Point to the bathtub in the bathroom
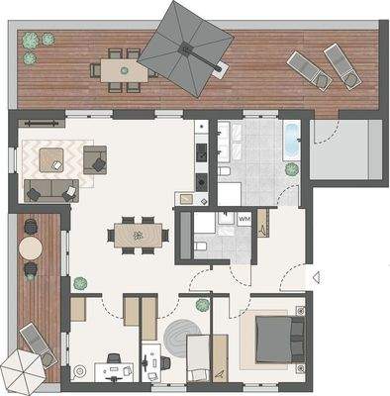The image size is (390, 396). coord(291,140)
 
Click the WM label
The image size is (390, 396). coord(244,218)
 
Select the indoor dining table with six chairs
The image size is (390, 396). coord(138,235)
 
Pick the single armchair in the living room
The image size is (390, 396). coord(96,158)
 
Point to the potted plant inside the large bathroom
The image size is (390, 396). coord(292,169)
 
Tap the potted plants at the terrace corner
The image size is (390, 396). coord(38,41)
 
